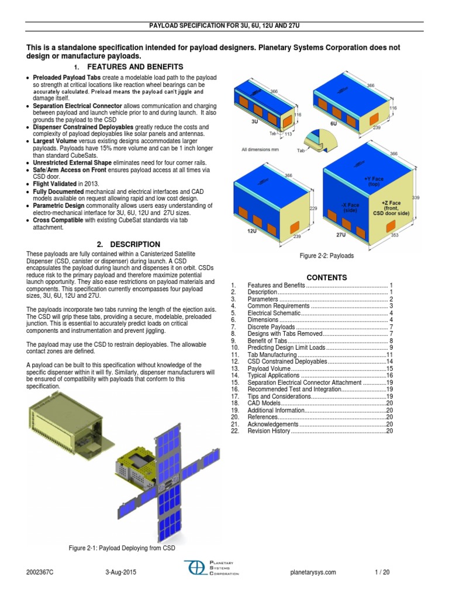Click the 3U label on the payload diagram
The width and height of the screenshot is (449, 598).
(x=254, y=123)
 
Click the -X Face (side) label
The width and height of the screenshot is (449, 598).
(x=350, y=207)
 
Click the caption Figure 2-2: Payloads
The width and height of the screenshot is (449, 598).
(x=326, y=256)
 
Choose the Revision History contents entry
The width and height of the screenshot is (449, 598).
(x=269, y=430)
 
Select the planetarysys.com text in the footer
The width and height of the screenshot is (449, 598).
(x=313, y=572)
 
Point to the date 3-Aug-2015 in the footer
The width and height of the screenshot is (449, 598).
(x=121, y=572)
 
